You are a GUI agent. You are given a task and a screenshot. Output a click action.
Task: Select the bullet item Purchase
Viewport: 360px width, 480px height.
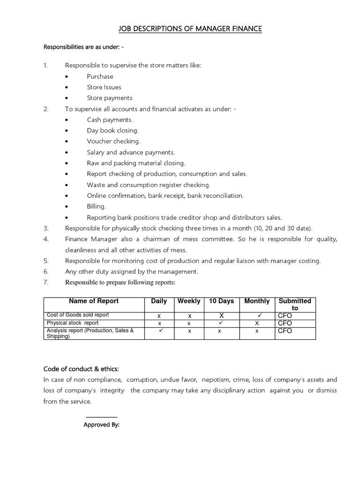tap(100, 76)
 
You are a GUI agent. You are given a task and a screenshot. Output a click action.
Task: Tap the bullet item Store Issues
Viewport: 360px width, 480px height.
tap(104, 87)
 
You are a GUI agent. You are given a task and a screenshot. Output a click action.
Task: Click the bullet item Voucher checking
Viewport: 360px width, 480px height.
tap(113, 141)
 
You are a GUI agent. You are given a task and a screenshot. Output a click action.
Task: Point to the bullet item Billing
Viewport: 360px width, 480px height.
tap(96, 206)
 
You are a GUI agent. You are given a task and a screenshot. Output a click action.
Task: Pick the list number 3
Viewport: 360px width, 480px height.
tap(46, 228)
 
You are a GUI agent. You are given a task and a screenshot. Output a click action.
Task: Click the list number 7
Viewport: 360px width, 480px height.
tap(46, 282)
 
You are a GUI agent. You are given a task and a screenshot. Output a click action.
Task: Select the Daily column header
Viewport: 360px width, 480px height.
tap(159, 301)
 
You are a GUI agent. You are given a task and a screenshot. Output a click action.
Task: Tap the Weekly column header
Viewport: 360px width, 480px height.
tap(189, 301)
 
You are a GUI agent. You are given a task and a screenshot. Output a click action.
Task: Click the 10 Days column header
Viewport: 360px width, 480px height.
tap(221, 301)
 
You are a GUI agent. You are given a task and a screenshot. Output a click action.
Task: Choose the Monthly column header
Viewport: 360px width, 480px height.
tap(257, 301)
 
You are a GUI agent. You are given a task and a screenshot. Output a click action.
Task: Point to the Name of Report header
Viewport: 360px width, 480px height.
tap(94, 301)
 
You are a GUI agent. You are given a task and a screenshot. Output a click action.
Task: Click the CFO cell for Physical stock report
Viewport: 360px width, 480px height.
tap(285, 323)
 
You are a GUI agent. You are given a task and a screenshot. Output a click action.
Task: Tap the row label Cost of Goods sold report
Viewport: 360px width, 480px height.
tap(77, 315)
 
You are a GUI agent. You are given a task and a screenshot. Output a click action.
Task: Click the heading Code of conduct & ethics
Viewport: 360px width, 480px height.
tap(84, 368)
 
